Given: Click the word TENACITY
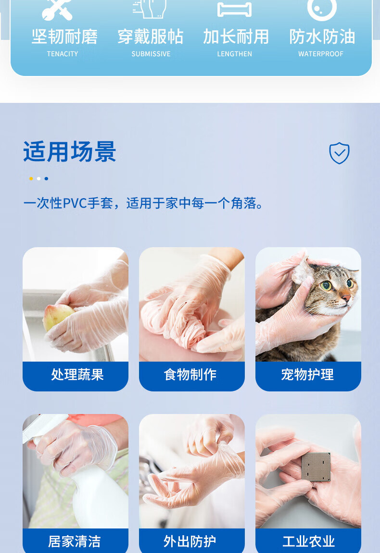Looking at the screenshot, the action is click(x=63, y=54).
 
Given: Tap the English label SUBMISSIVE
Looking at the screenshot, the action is click(x=151, y=54).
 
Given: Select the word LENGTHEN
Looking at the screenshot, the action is click(x=235, y=54).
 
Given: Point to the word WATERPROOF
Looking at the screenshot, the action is click(x=321, y=54).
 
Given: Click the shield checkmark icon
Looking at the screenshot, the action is click(x=340, y=153).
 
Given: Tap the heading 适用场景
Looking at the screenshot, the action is click(x=70, y=152).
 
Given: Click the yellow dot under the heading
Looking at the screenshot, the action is click(x=31, y=179).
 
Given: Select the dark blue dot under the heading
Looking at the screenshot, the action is click(x=46, y=179).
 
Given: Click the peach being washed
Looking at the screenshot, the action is click(x=58, y=317).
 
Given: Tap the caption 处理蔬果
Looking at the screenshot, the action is click(x=77, y=375).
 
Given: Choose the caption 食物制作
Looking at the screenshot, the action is click(x=190, y=375).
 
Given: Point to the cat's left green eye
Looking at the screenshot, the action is click(x=326, y=285).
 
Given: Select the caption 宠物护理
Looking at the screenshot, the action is click(x=307, y=375).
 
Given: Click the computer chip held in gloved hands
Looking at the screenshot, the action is click(x=316, y=466).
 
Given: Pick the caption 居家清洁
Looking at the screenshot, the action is click(x=75, y=541).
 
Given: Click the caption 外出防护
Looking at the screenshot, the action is click(x=190, y=541).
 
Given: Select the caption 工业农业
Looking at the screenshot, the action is click(x=309, y=541).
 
